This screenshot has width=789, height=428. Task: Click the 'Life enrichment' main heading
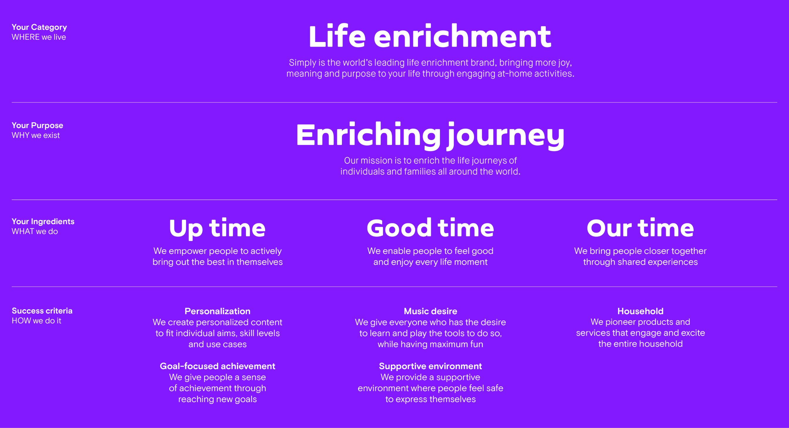(x=430, y=36)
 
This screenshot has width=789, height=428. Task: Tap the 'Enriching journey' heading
(x=430, y=136)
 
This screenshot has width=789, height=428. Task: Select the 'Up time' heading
(x=218, y=228)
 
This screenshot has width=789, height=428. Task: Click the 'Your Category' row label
(x=39, y=27)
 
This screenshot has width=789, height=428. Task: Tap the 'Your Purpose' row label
(x=37, y=125)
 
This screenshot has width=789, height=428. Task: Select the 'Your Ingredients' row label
(x=43, y=222)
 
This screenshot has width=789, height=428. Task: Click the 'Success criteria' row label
(x=42, y=311)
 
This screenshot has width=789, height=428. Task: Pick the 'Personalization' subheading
(x=218, y=311)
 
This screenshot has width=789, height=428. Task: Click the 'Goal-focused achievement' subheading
(x=218, y=366)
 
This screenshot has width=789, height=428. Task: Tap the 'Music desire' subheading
(x=430, y=311)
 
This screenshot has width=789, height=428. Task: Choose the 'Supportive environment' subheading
(x=430, y=366)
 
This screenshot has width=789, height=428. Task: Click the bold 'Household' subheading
(x=640, y=311)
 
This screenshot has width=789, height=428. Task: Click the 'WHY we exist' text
(x=36, y=135)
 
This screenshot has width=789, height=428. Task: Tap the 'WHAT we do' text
(x=35, y=231)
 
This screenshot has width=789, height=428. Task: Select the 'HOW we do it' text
(x=36, y=321)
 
